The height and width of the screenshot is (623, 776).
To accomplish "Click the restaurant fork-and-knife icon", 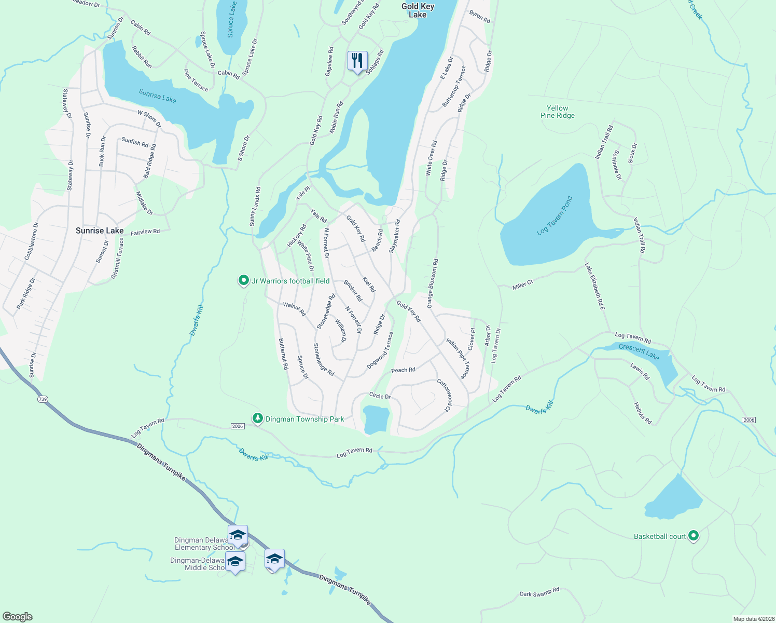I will tap(357, 61).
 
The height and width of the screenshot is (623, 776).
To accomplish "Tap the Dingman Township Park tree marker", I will tap(257, 418).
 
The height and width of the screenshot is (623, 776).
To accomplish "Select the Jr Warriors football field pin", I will tap(243, 281).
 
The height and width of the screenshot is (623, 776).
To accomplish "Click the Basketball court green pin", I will tap(693, 536).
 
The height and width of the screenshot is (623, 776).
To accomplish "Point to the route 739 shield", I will tap(43, 399).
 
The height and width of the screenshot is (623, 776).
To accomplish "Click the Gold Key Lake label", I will tap(418, 10).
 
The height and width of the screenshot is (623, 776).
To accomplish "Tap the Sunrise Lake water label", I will tap(157, 96).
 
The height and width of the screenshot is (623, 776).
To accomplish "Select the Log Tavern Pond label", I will tap(555, 215).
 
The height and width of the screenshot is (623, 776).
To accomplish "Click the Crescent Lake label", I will tap(639, 351).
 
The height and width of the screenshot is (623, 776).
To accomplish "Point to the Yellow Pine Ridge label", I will tap(558, 112).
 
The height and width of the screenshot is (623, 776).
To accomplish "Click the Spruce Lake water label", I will tap(231, 20).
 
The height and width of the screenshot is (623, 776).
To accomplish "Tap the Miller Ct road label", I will tap(522, 285).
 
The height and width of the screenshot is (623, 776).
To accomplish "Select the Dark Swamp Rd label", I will tap(539, 592).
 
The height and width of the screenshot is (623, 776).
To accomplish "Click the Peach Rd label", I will tap(403, 370).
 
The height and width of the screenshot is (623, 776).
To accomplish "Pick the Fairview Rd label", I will tap(145, 232).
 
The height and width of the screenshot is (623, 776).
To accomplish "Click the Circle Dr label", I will tap(380, 396).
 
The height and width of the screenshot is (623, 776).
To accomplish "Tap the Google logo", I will tap(18, 617).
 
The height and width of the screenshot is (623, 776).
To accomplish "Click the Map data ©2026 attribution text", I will tap(752, 619).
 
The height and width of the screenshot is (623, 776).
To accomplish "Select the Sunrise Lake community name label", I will tap(100, 231).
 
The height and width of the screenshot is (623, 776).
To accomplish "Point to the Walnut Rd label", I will tap(294, 309).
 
